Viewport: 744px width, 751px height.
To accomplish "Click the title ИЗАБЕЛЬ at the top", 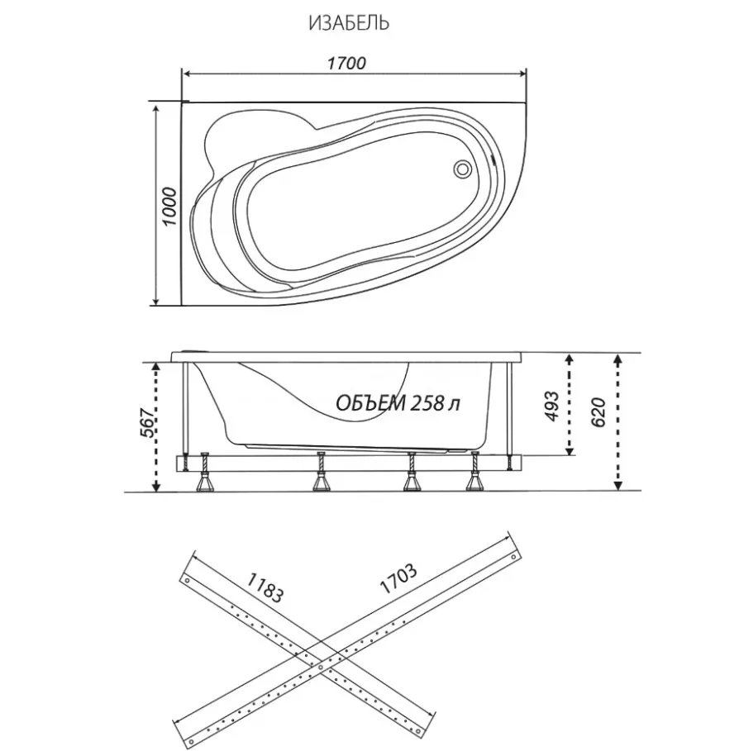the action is click(349, 23).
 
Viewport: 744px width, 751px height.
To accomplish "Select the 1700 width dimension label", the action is click(346, 64).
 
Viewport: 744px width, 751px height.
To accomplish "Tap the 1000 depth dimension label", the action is click(169, 207).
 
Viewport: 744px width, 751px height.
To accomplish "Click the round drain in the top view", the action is click(463, 169).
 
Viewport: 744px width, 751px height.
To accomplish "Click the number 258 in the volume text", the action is click(427, 403).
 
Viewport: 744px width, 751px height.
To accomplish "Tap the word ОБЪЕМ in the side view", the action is click(370, 403).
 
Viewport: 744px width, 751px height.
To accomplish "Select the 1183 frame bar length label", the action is click(265, 587).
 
